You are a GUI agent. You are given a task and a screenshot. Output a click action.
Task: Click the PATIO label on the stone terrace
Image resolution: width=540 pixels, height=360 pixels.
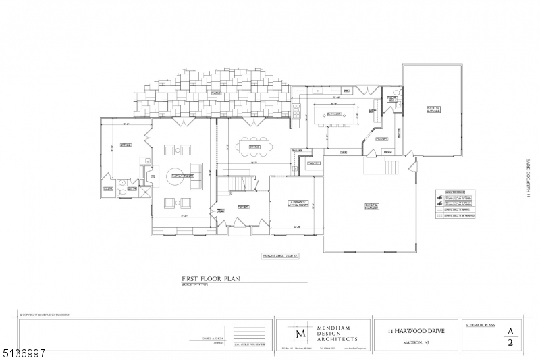click(x=217, y=93)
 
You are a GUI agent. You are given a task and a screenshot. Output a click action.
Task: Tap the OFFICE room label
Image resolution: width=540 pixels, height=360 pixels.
click(x=125, y=144)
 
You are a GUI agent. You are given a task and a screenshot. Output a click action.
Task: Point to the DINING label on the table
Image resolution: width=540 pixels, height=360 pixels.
click(x=254, y=147)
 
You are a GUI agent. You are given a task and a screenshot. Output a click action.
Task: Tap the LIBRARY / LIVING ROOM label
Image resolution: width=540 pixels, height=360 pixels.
click(x=298, y=205)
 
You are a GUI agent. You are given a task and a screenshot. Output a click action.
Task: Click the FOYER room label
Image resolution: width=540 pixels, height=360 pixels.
click(x=244, y=206)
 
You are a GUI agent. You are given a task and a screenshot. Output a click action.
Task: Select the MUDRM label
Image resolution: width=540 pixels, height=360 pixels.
click(x=381, y=138)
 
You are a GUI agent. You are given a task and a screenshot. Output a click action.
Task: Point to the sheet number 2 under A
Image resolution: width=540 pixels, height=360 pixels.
click(x=511, y=343)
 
